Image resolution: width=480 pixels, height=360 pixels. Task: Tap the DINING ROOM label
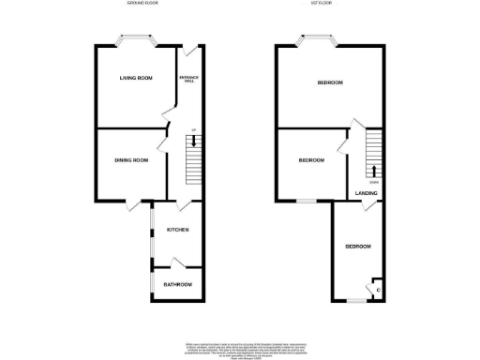pos(131,160)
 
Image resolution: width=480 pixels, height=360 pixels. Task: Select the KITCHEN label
pos(178,230)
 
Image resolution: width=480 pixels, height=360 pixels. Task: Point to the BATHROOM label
pos(178,284)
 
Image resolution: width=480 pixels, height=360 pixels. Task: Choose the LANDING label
pos(367,194)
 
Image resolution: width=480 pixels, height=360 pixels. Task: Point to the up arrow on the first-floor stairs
pos(374,171)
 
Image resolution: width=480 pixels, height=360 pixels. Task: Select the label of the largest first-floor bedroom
pos(329,82)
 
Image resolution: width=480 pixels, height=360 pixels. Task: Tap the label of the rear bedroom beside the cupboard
pos(357,247)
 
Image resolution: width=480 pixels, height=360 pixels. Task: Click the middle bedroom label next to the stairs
pos(311,160)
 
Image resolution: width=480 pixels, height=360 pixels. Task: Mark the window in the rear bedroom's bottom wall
pos(355,302)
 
